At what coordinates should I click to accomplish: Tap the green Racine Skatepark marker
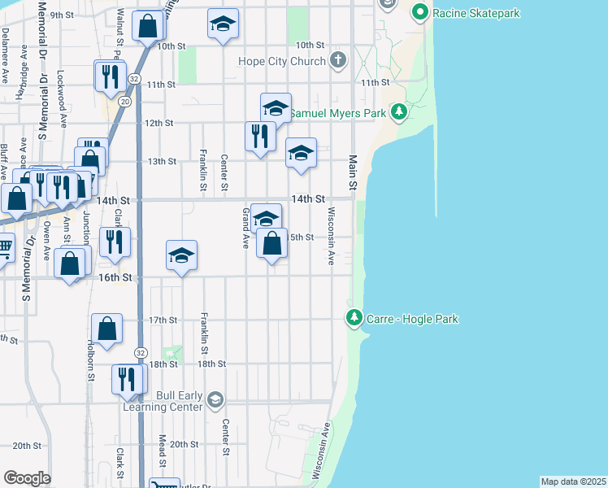point(420,12)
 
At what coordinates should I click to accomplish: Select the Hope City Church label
point(282,61)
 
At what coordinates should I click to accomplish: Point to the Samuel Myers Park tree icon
point(398,112)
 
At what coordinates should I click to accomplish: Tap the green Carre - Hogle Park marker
point(354,318)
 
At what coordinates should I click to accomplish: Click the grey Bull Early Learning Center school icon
point(215,400)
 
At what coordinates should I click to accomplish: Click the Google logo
point(27,478)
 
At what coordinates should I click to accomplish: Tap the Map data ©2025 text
point(572,481)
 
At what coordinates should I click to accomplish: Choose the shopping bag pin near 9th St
point(149,25)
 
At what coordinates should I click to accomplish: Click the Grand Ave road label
point(245,228)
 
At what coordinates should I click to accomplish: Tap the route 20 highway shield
point(124,102)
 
